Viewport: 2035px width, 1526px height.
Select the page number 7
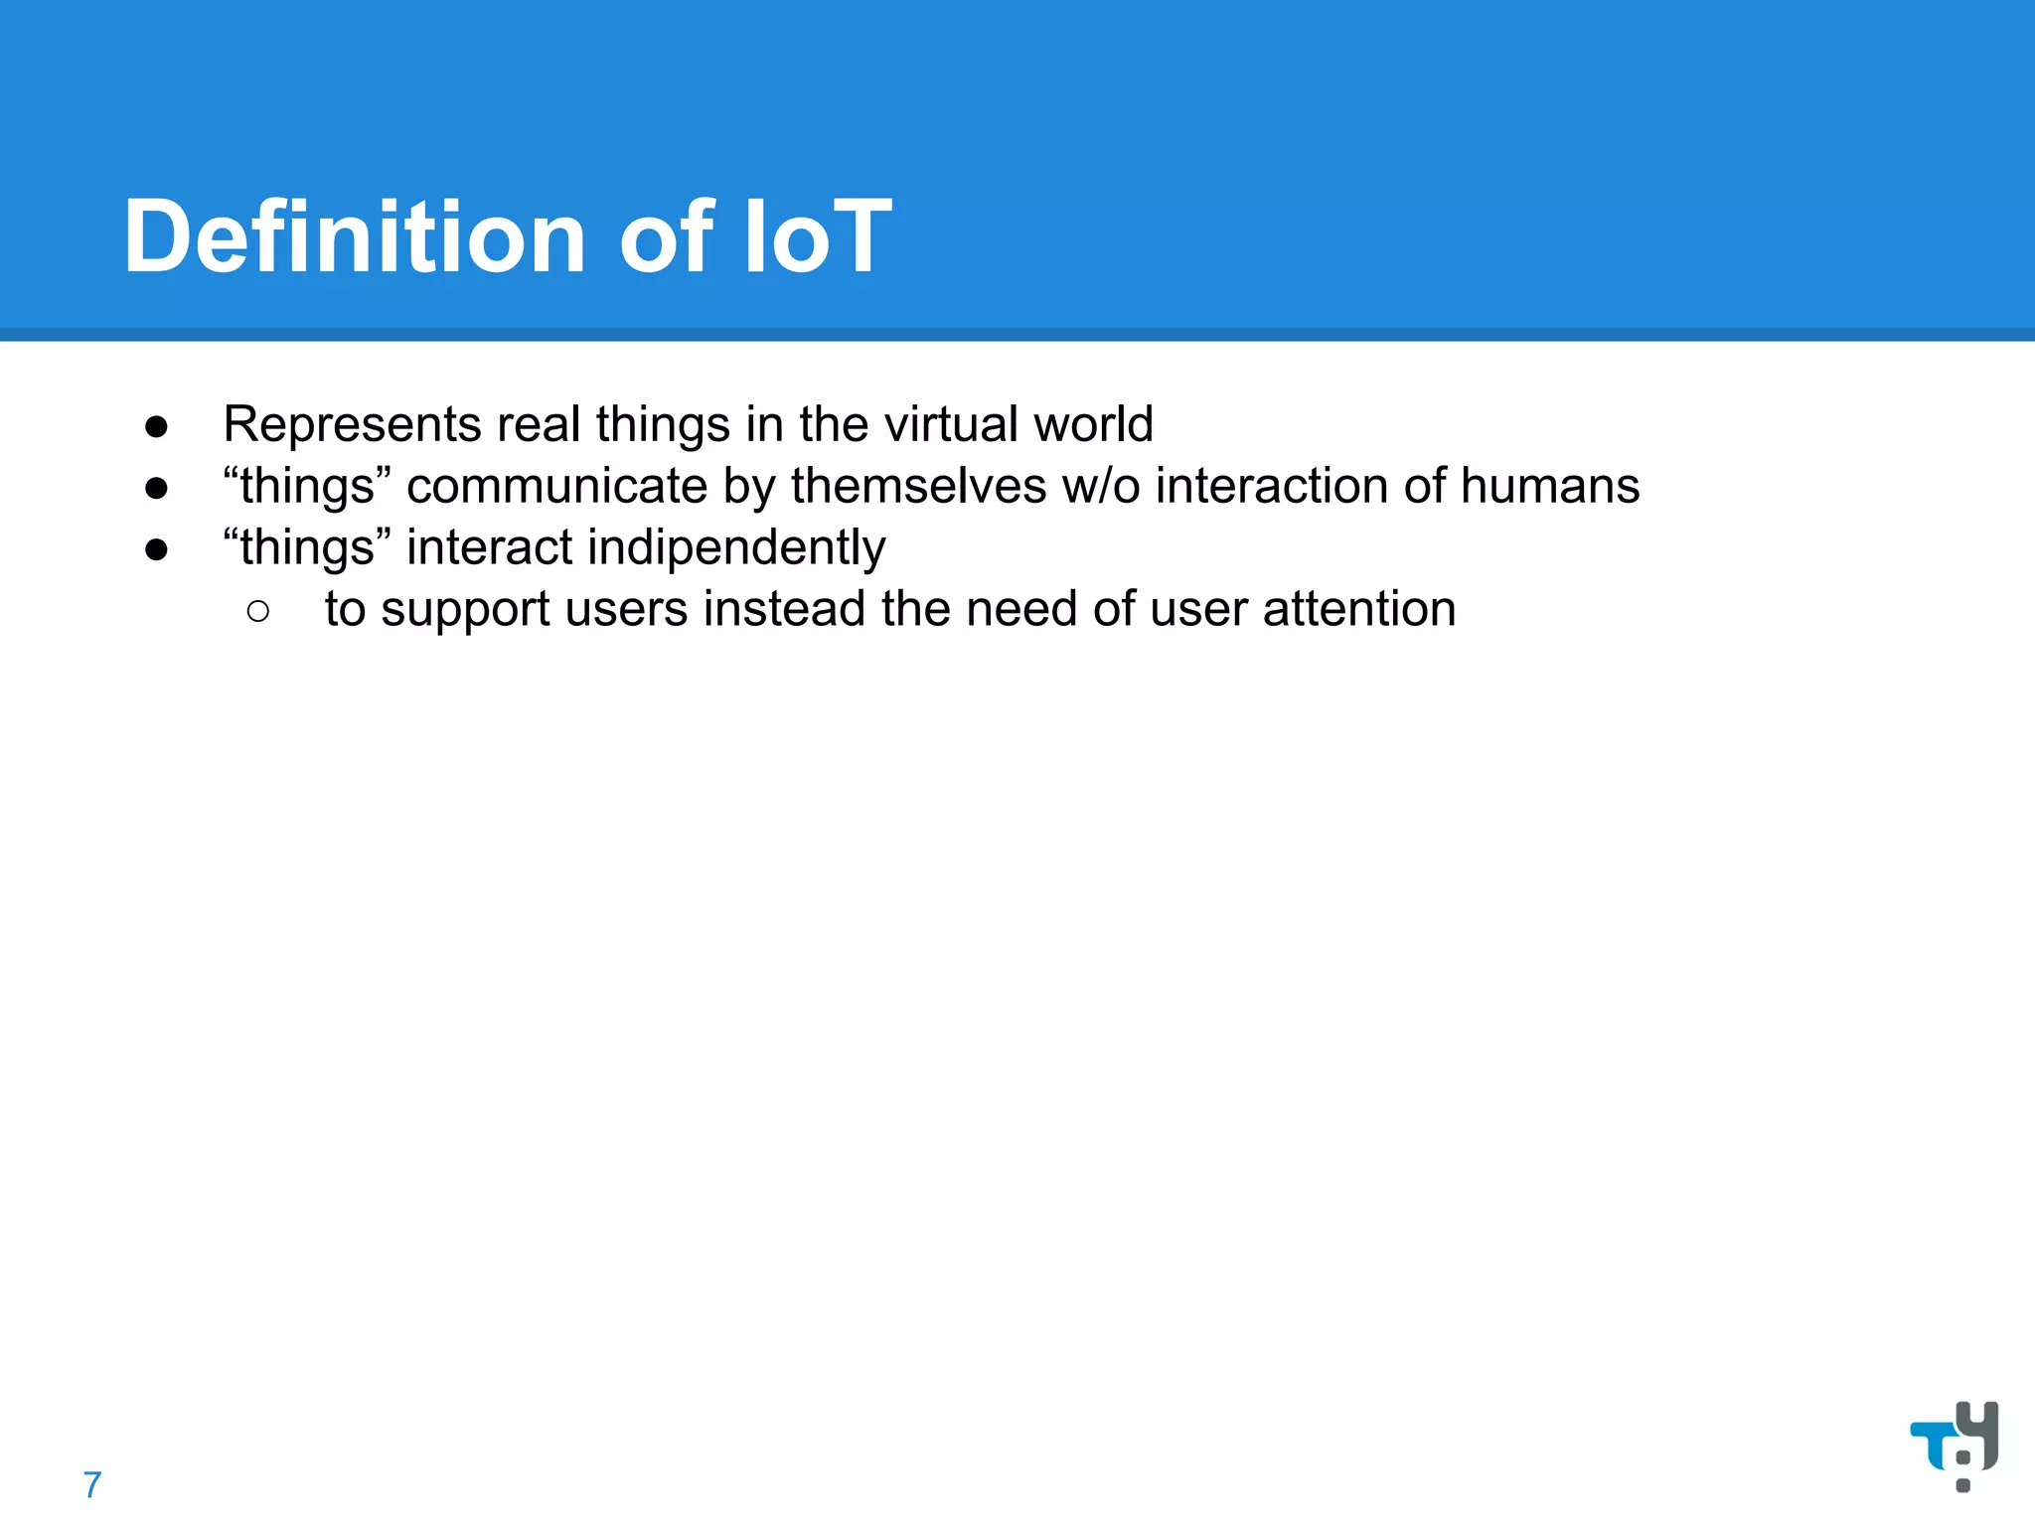[x=92, y=1485]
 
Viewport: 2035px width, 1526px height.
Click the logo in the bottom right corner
[x=1955, y=1445]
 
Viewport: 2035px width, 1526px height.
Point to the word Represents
[x=352, y=425]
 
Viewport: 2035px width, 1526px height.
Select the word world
[x=1093, y=424]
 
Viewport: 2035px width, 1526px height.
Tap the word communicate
[x=556, y=487]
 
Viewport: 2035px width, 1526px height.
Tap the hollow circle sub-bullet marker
[x=258, y=611]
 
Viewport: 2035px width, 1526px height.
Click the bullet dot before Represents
[x=156, y=427]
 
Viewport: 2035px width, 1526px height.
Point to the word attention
[x=1358, y=609]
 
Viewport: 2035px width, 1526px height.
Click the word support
[x=465, y=611]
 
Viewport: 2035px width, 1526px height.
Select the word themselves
[x=918, y=487]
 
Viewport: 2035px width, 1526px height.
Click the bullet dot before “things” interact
[x=156, y=550]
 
